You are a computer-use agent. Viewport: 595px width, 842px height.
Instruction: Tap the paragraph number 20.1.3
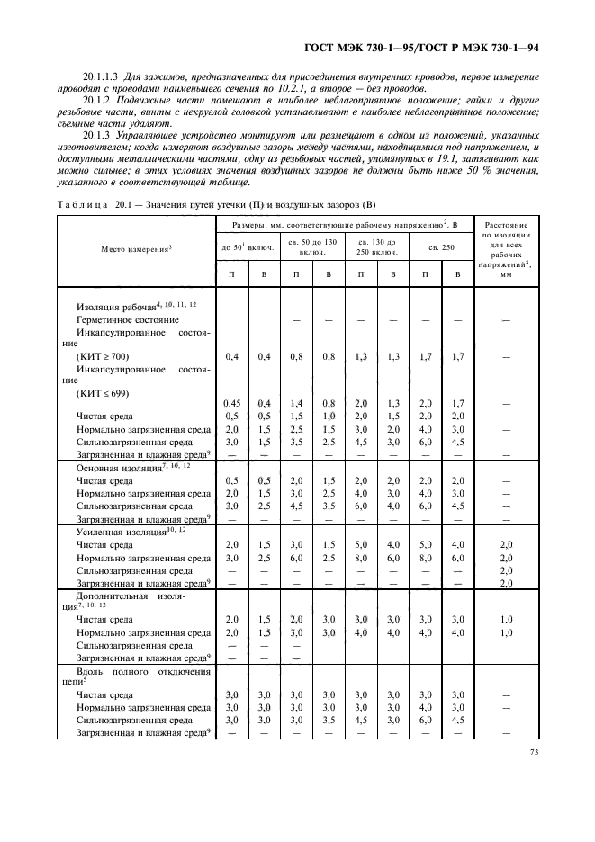click(x=98, y=136)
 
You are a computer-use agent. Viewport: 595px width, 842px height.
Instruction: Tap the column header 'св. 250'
click(x=446, y=247)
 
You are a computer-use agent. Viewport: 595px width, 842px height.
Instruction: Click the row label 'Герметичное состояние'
click(x=128, y=319)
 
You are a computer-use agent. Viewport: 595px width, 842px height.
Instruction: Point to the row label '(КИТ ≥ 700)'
click(x=103, y=357)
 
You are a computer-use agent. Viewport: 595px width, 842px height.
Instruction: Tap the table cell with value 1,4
click(x=295, y=403)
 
